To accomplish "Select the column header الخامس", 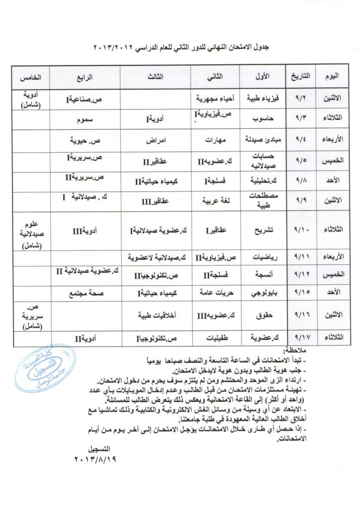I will [30, 79].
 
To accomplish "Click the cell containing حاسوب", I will [261, 120].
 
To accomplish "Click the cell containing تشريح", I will [261, 231].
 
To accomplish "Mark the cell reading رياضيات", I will [261, 257].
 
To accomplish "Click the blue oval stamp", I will [45, 368].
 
